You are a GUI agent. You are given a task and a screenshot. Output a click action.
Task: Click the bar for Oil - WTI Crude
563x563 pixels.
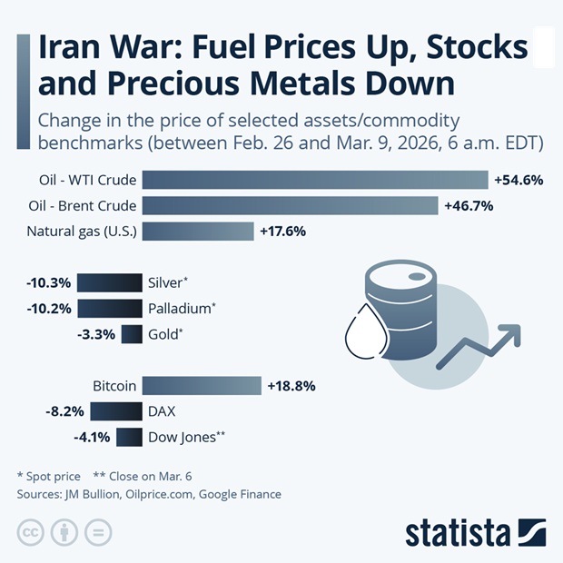click(x=314, y=180)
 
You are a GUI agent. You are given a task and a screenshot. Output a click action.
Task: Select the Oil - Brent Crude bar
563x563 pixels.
click(x=290, y=205)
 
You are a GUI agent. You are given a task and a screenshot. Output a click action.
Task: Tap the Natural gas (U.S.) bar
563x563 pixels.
click(x=198, y=231)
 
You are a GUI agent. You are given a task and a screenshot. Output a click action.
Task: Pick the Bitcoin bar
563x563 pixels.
click(x=202, y=386)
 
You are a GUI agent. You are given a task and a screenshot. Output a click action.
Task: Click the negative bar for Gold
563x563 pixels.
click(x=132, y=334)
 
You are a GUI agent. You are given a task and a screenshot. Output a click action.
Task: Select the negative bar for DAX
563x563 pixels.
click(x=116, y=411)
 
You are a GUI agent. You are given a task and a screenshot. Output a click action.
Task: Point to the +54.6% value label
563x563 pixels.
click(x=519, y=180)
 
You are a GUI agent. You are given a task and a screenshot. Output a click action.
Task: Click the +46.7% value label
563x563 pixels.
click(x=469, y=205)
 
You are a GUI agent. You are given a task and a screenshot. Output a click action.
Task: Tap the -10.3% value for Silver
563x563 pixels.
click(x=48, y=282)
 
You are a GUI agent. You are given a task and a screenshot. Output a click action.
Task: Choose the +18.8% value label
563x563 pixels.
click(x=291, y=386)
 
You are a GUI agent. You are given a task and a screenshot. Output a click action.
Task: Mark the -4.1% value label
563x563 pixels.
click(x=91, y=438)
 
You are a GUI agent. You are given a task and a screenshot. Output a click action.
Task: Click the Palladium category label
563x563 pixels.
click(x=180, y=308)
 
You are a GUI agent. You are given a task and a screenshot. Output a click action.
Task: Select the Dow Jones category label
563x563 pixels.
click(x=183, y=438)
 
